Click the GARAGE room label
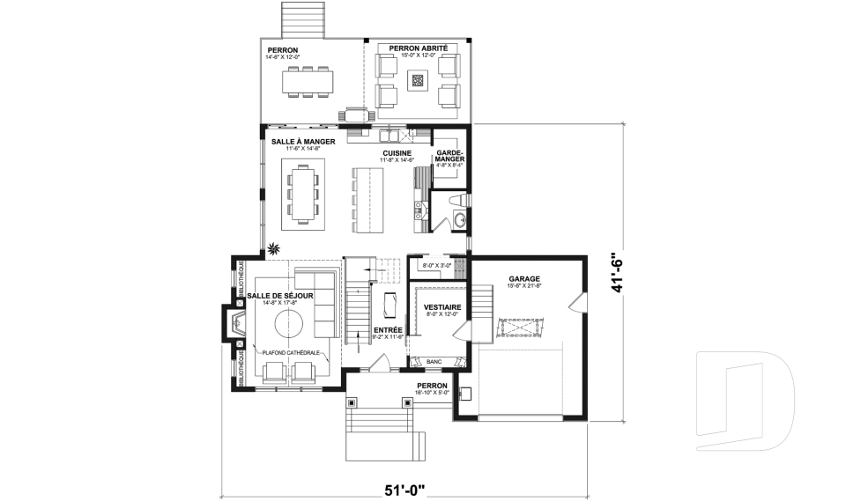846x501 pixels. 523,278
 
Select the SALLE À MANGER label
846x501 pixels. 297,140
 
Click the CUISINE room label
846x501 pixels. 397,152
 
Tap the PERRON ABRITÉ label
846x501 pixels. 419,48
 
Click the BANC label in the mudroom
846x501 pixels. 433,361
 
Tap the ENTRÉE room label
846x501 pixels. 389,329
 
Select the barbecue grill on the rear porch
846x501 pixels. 355,114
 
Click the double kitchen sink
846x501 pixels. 389,136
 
